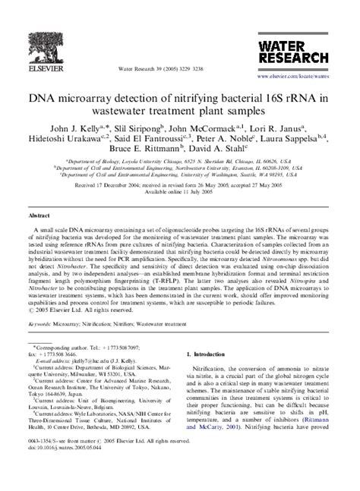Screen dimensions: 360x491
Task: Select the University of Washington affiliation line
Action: (180, 175)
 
